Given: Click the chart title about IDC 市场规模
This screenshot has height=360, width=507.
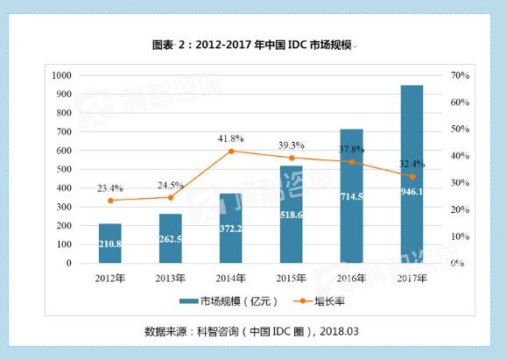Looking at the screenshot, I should click(x=252, y=45).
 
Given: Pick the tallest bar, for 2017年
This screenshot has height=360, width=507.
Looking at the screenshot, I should click(x=412, y=175).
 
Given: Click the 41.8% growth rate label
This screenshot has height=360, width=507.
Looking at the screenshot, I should click(x=231, y=138).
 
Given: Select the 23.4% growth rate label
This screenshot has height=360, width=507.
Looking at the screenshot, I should click(x=110, y=187).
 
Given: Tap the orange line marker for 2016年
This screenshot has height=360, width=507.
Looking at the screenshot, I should click(x=352, y=162).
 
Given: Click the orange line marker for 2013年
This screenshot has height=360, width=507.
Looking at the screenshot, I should click(x=170, y=197).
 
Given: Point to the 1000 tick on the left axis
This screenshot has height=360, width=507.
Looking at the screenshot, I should click(x=62, y=75).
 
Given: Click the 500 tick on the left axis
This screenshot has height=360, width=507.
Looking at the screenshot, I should click(x=66, y=169).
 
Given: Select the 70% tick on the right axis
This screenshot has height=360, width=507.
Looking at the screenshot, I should click(x=461, y=75).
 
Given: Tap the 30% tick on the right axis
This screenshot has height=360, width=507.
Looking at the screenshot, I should click(x=461, y=182).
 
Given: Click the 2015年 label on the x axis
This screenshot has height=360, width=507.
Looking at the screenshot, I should click(x=291, y=278).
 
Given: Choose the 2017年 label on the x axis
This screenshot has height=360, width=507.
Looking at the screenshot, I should click(x=412, y=278).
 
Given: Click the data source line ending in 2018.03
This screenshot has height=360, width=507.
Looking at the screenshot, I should click(x=252, y=331).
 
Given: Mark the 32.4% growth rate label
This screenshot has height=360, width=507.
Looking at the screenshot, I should click(x=412, y=163).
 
